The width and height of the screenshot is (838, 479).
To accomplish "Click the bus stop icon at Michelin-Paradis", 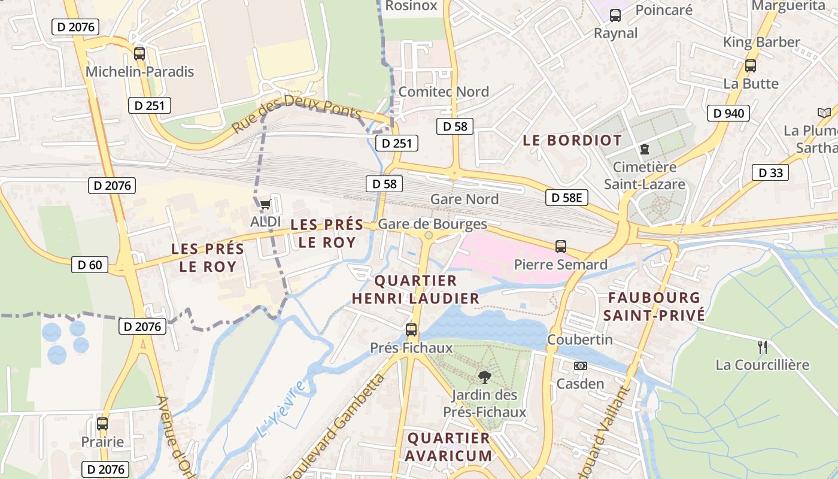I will (x=139, y=54).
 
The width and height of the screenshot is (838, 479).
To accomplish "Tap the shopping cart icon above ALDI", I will (x=265, y=205).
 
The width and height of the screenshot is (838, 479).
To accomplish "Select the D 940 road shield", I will (x=728, y=113).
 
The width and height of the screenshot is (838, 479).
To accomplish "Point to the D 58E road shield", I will (x=566, y=198).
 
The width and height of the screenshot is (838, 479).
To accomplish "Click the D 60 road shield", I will (x=90, y=265).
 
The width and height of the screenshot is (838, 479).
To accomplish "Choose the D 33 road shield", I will (x=770, y=173).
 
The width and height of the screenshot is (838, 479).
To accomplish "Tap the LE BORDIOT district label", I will (x=572, y=140).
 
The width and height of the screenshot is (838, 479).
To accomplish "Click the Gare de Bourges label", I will (x=432, y=224).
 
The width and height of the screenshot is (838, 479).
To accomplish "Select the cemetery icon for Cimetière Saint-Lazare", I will (x=644, y=148).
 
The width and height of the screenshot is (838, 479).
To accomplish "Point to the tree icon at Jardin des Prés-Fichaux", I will (x=484, y=377).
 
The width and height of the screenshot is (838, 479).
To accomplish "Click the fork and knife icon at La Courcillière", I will (x=762, y=347).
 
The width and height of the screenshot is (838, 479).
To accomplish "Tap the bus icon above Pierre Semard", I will (x=560, y=246).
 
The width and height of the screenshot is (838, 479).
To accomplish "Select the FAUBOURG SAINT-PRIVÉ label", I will (x=654, y=307).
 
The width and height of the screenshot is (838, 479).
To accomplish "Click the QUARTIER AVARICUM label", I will (x=448, y=447).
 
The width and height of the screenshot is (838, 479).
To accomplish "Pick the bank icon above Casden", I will (x=580, y=366).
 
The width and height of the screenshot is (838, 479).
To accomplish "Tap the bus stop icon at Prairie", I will (x=102, y=424).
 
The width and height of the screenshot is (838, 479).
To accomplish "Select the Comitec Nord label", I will (x=443, y=92).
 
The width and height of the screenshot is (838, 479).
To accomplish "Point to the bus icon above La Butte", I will (x=750, y=66).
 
